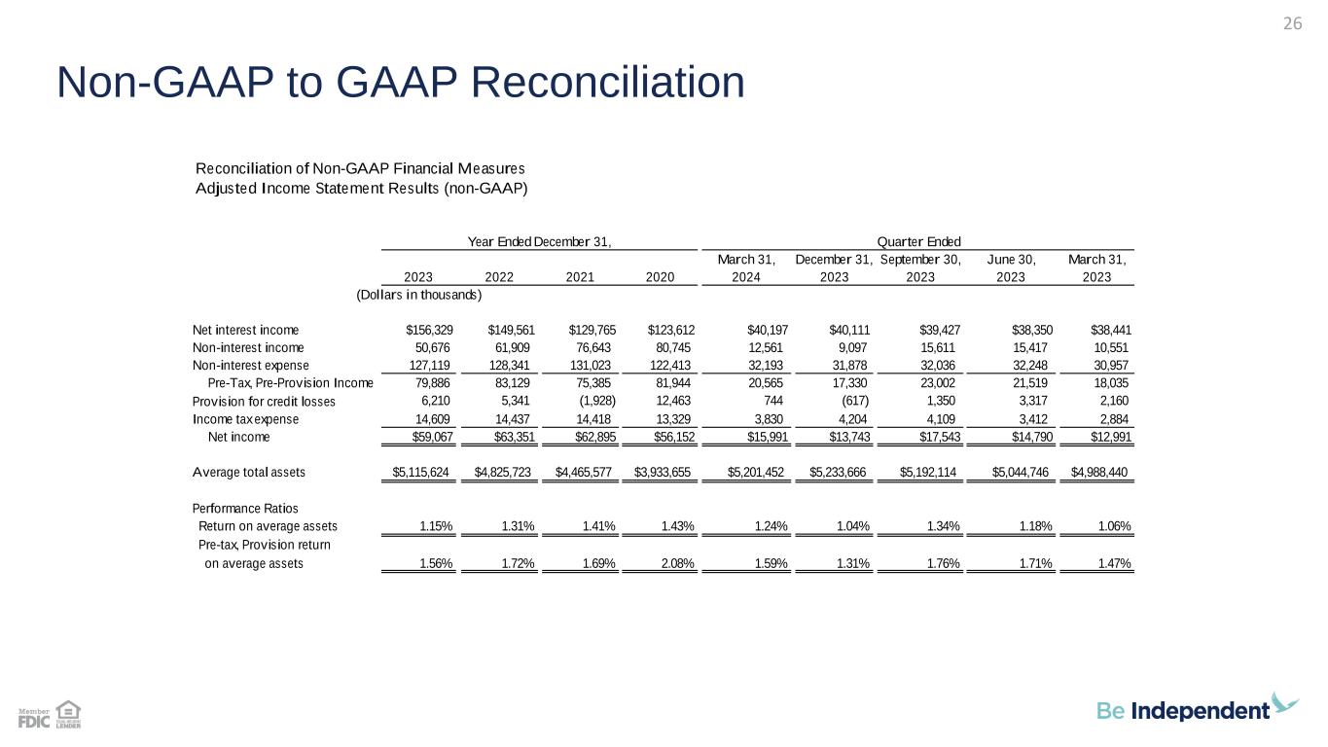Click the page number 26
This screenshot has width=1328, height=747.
(1292, 24)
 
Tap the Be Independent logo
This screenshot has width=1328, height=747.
(1198, 709)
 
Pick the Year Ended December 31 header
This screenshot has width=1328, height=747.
(540, 241)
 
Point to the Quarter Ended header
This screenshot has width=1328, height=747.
(918, 241)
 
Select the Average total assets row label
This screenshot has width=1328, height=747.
(249, 472)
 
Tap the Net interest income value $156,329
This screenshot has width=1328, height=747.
(429, 330)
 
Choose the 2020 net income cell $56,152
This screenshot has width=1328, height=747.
(670, 437)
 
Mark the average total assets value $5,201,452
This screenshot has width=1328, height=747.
(758, 472)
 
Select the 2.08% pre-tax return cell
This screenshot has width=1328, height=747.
(675, 563)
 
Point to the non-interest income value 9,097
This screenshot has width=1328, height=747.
(851, 347)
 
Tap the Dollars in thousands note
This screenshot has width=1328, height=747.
(419, 294)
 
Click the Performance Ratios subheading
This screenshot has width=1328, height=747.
(245, 509)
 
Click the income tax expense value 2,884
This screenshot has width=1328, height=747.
(1111, 418)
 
